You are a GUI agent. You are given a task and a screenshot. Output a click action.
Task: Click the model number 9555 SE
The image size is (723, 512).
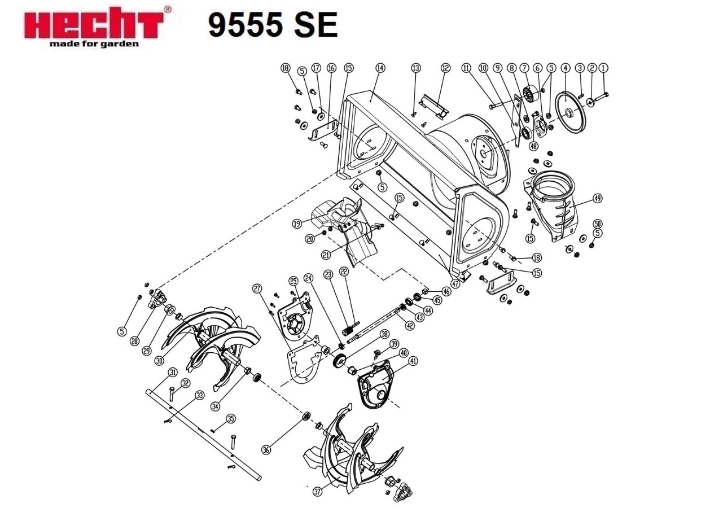coord(273,25)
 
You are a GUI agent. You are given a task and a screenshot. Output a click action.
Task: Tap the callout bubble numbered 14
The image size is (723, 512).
coord(380,68)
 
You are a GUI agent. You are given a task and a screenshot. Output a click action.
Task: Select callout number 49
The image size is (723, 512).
coord(597,198)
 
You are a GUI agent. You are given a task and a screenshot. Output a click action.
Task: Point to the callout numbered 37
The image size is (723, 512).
coord(318,492)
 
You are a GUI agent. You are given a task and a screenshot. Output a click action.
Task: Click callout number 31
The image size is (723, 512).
coord(173,373)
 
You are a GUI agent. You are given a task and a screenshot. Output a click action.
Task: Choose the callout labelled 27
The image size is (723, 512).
coord(257,288)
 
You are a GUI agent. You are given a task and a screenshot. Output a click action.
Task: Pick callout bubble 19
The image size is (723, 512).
coord(296,224)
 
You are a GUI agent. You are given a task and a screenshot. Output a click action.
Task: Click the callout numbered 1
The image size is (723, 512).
coord(604,68)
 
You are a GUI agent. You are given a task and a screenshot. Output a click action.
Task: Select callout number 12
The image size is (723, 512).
coord(446,68)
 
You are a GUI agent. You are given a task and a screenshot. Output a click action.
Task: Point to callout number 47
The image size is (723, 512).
coord(455,284)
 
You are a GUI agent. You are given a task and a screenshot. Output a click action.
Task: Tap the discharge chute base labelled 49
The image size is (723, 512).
coord(553,203)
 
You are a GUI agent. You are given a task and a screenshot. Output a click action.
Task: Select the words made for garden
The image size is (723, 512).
coord(93,44)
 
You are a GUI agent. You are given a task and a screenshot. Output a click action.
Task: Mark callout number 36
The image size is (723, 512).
coord(267,449)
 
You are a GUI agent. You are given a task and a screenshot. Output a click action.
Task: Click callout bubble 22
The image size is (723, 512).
coord(344,272)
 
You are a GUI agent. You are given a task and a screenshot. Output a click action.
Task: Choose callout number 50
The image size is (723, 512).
coord(598,224)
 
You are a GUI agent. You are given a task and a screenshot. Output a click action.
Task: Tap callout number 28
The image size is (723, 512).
coord(134,341)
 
